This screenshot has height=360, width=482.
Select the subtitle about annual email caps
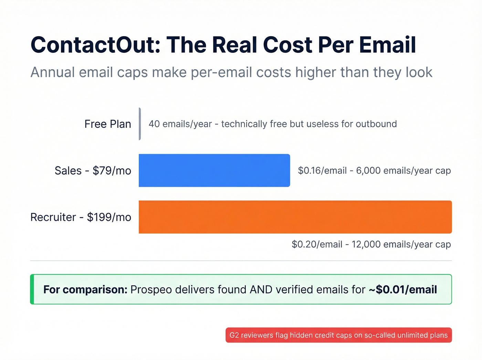(x=231, y=72)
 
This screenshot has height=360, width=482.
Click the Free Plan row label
(x=107, y=124)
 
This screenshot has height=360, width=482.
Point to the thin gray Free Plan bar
(x=140, y=124)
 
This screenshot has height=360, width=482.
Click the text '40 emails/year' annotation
(x=180, y=124)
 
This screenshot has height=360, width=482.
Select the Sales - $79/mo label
(x=93, y=171)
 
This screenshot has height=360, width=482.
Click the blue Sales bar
(x=214, y=171)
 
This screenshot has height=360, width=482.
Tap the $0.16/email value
(x=322, y=171)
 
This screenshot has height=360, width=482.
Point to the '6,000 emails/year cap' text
(x=403, y=171)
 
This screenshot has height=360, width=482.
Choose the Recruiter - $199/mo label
(x=81, y=217)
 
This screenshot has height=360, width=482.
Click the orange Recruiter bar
(x=295, y=217)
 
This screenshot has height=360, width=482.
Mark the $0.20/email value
(x=317, y=244)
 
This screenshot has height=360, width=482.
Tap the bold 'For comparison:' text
(x=85, y=289)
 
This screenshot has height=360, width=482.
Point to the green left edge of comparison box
(x=32, y=289)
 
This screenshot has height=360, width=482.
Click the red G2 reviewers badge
(x=338, y=335)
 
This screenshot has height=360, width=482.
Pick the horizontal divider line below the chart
(x=241, y=261)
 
